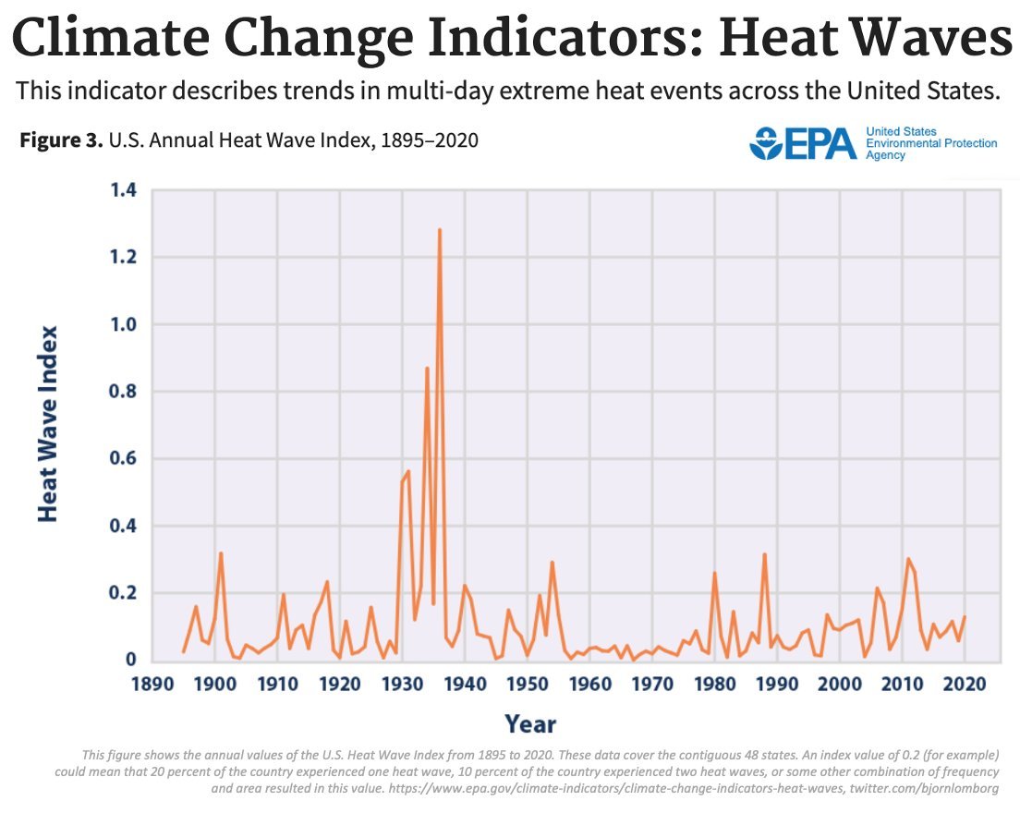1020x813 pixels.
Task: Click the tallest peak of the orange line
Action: (440, 230)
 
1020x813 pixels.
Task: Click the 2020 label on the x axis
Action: (965, 685)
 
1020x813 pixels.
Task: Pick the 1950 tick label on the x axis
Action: (527, 685)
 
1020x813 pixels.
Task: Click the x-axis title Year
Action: (530, 723)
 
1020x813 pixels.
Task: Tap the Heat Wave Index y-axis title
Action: (48, 424)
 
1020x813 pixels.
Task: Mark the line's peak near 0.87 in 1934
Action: (427, 369)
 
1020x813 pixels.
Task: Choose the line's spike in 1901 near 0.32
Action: (221, 553)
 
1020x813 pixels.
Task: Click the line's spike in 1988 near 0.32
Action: (765, 554)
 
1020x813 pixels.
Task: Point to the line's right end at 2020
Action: (965, 616)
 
